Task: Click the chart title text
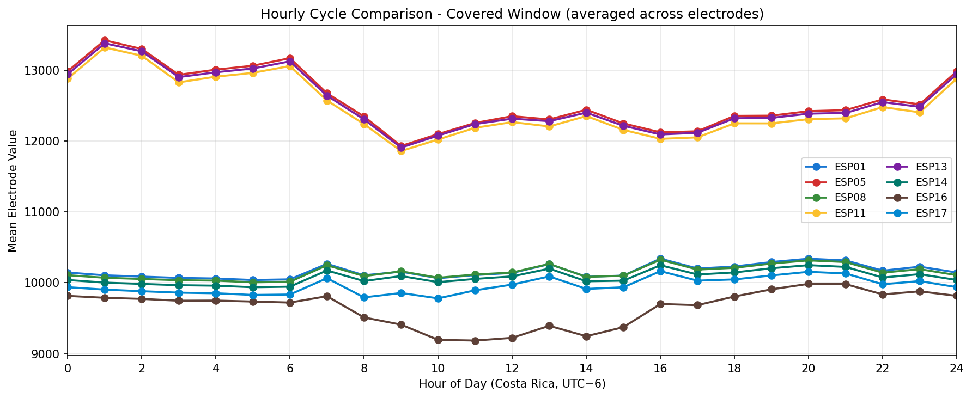pos(512,14)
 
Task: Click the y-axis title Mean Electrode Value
pos(13,191)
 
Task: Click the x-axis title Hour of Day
pos(512,384)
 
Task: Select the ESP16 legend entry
pos(921,198)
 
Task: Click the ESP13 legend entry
pos(921,167)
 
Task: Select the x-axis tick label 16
pos(660,369)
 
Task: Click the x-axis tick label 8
pos(363,369)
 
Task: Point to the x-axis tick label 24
pos(956,369)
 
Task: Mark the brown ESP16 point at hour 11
pos(475,341)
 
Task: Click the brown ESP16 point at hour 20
pos(808,284)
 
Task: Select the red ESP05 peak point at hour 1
pos(105,41)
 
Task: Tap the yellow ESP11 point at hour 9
pos(401,151)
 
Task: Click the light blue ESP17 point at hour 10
pos(438,298)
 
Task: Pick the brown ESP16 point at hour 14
pos(586,336)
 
